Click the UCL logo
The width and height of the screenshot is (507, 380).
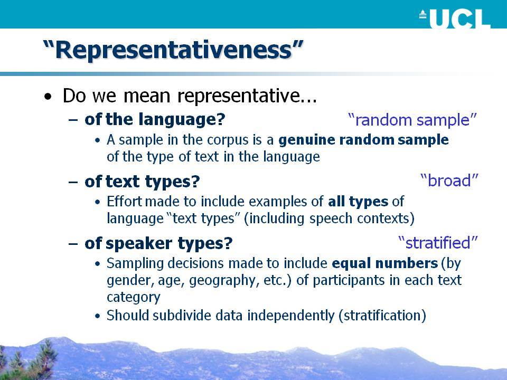455,18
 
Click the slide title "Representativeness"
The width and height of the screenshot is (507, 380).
173,50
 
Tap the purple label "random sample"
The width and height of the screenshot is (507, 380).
412,120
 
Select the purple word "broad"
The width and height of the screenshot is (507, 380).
449,180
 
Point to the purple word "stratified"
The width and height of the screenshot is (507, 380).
438,243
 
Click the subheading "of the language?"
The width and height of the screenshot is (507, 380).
155,119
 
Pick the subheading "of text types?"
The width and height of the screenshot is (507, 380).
142,181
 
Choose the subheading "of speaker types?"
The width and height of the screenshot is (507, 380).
158,243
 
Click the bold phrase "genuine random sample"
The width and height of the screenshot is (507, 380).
363,140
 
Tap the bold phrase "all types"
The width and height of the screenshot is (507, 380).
358,202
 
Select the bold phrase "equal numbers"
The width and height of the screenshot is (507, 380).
385,263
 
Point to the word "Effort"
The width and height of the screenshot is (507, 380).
124,201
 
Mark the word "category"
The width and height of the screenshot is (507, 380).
133,297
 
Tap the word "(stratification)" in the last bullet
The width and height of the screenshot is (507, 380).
382,315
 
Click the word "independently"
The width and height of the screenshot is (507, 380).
290,316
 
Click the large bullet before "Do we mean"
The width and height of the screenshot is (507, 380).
48,97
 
